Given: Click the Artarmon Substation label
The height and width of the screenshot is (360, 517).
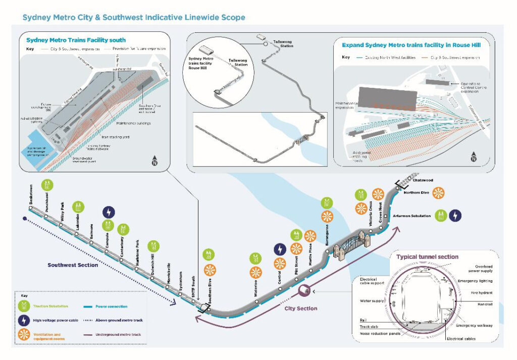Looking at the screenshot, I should [x=412, y=216].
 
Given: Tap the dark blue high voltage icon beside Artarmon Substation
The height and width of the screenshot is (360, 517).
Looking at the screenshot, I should [x=455, y=216].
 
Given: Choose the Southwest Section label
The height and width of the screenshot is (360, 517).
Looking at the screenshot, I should [x=73, y=265].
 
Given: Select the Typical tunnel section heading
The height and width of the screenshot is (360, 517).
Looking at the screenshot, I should [x=427, y=257].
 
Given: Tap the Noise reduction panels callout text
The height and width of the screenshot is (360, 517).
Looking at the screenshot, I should [x=382, y=333].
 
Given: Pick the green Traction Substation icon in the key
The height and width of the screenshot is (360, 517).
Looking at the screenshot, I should [x=24, y=306].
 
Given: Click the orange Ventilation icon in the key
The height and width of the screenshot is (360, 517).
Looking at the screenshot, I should [x=24, y=335].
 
